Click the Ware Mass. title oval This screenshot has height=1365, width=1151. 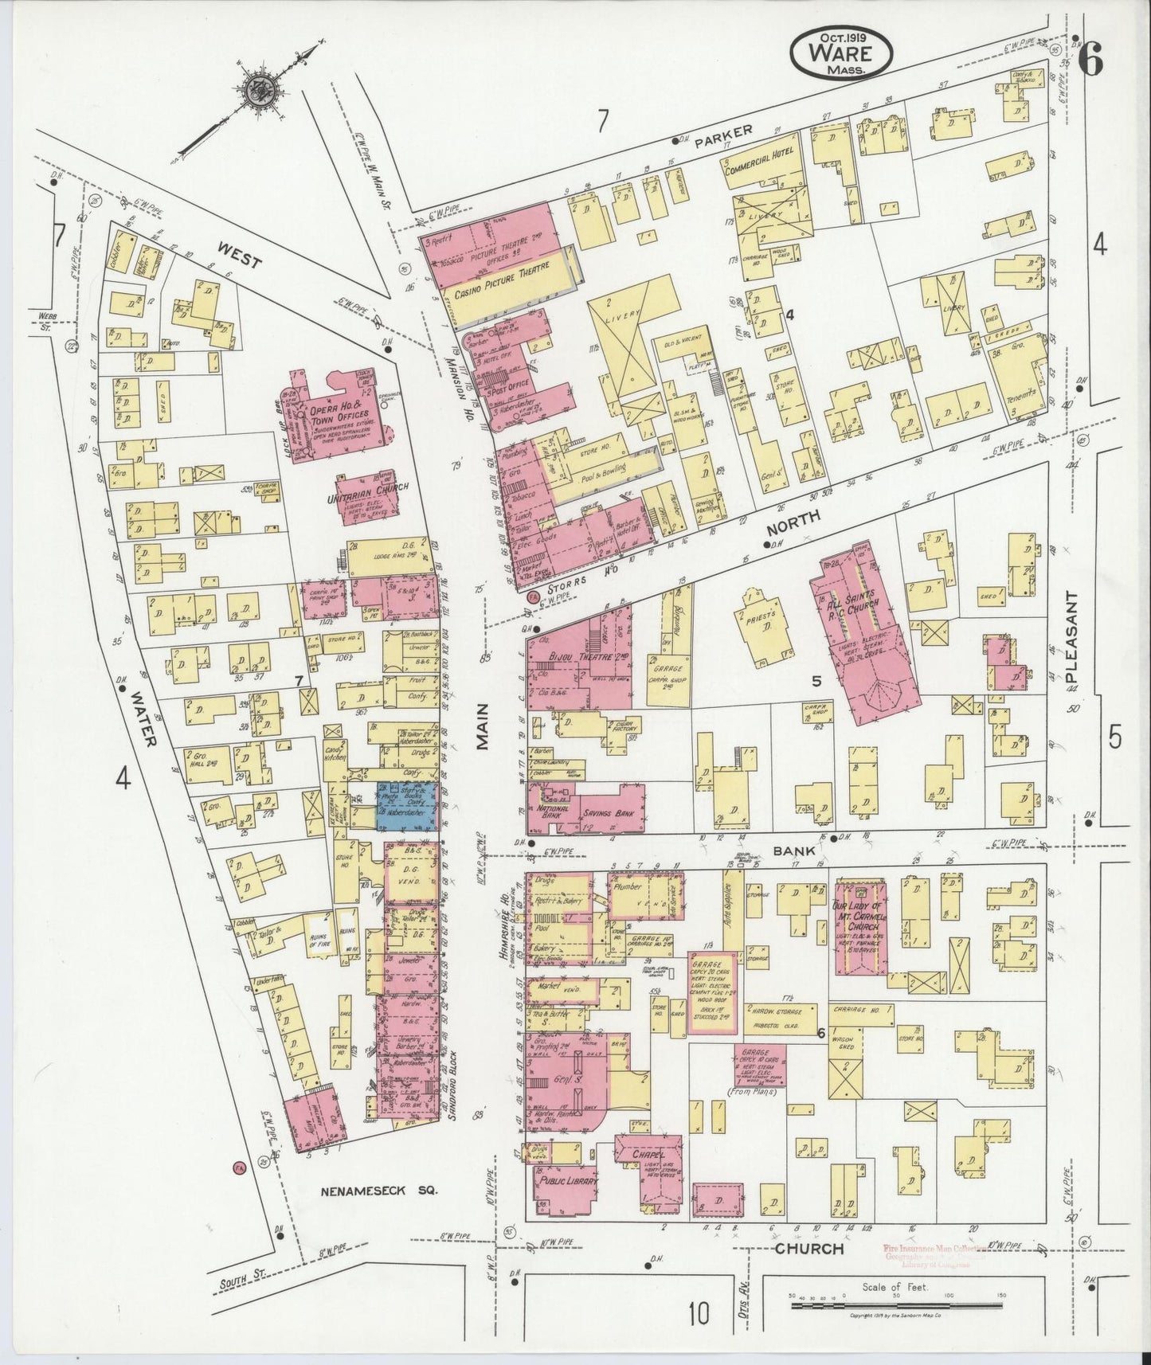pyautogui.click(x=841, y=49)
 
